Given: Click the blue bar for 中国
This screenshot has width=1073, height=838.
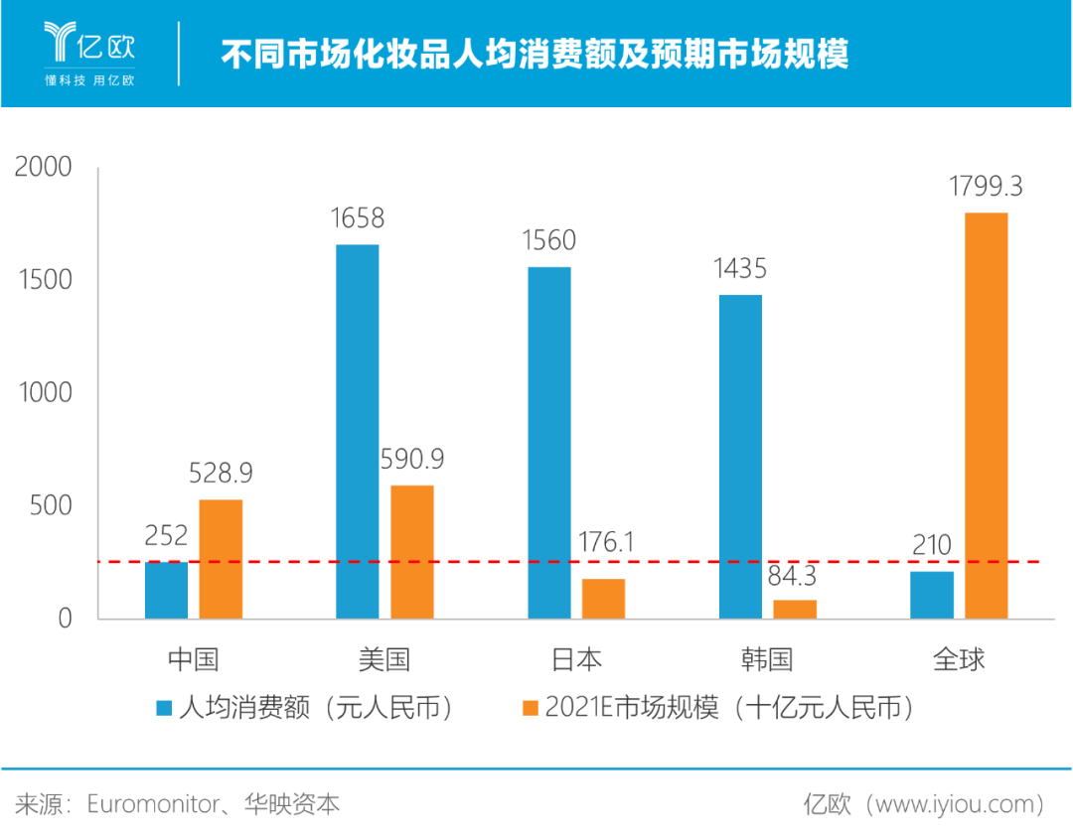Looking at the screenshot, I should (x=166, y=590).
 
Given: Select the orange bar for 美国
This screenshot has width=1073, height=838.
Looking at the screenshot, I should (x=412, y=551).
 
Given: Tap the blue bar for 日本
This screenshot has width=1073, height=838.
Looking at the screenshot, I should (x=548, y=442).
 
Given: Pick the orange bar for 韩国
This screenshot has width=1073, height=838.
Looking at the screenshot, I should (x=795, y=609).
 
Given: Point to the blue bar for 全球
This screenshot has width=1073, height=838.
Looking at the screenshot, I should (x=932, y=595).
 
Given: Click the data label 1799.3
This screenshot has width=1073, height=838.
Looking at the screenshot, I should (x=986, y=187).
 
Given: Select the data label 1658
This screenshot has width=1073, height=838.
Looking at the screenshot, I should (x=357, y=218).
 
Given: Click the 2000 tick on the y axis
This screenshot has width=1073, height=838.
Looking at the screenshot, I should (x=45, y=167).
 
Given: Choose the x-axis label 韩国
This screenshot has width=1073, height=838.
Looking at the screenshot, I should (x=767, y=659).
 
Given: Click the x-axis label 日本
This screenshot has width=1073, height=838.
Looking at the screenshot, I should (x=575, y=659).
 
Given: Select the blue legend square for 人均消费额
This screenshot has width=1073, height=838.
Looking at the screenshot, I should (x=164, y=708).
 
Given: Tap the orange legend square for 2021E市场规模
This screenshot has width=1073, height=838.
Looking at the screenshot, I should (x=530, y=708).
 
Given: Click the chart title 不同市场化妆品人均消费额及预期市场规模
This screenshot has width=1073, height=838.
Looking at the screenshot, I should (x=535, y=54).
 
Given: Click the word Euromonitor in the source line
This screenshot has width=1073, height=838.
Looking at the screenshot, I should (x=152, y=803).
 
